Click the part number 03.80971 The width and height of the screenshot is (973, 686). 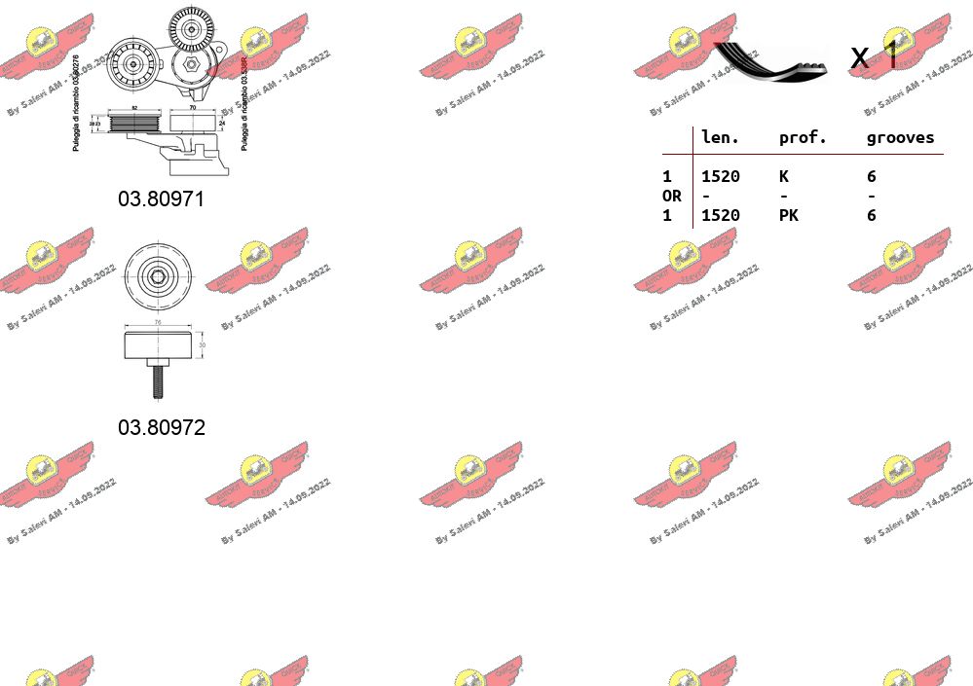162,199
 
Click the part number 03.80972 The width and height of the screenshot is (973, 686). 162,427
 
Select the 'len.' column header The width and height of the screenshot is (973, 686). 720,137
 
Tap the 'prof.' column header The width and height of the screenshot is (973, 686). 802,137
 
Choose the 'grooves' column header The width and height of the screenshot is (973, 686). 900,137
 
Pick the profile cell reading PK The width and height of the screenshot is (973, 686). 788,215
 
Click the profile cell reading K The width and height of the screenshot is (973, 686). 783,176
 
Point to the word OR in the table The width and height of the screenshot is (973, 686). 671,196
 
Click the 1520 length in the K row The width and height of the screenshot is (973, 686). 720,176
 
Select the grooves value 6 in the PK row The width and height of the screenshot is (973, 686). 871,215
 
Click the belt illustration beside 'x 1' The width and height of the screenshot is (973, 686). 769,60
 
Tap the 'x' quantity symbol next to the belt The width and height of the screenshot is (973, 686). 858,57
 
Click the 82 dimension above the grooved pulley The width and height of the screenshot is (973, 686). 133,107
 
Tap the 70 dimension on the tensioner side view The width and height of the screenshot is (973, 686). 192,107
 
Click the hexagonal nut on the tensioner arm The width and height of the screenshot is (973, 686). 192,65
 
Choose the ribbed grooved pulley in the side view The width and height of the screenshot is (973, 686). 133,124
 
